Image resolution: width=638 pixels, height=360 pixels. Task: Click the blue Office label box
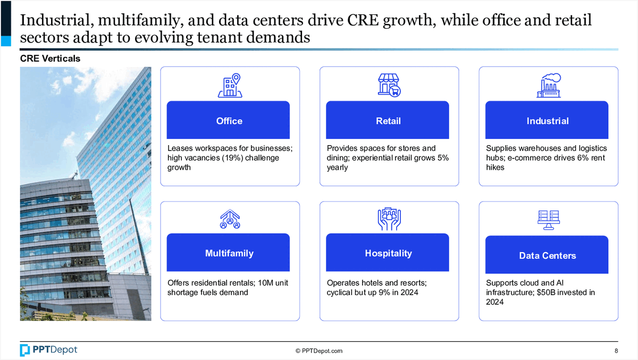(x=228, y=120)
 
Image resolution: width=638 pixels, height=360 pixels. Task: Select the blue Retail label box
(x=388, y=120)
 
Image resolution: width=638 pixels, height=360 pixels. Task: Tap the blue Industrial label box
(x=547, y=120)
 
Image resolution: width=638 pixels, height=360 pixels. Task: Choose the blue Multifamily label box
(x=228, y=253)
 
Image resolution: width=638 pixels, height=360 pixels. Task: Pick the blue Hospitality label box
(x=388, y=253)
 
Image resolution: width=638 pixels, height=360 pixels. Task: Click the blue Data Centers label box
(x=547, y=255)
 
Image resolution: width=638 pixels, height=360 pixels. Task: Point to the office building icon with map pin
(x=230, y=86)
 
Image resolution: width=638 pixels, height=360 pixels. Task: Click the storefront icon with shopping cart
(x=389, y=86)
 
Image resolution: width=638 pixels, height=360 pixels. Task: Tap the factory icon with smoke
(x=549, y=86)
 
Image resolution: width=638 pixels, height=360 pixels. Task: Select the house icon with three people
(x=230, y=219)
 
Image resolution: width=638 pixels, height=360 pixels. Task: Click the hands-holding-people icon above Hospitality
(x=389, y=219)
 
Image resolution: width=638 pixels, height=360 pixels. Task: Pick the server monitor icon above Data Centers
(x=549, y=220)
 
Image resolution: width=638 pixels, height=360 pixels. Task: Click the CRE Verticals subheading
(x=50, y=58)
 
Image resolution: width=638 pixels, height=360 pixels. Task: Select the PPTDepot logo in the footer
(x=49, y=350)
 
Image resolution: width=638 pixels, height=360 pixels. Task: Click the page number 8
(x=616, y=351)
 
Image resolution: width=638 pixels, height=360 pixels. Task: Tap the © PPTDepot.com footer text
(x=319, y=351)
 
